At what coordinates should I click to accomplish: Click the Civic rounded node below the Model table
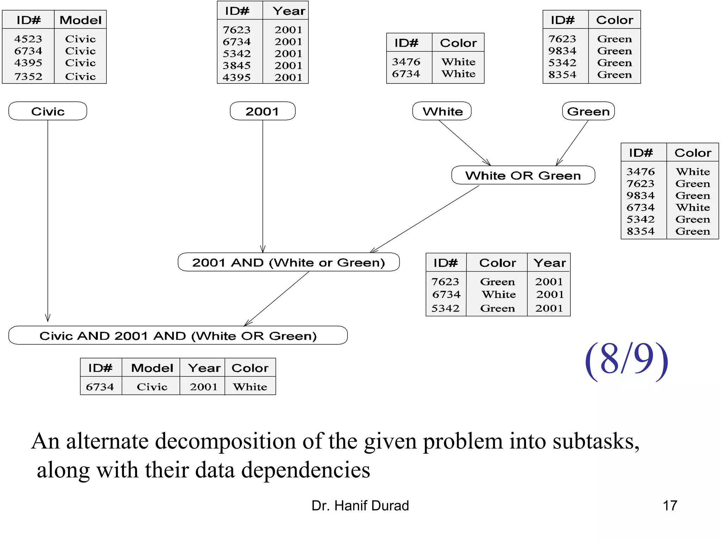[48, 111]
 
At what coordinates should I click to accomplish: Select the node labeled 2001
[262, 111]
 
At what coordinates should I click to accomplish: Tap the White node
[442, 111]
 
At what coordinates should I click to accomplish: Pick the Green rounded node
[588, 111]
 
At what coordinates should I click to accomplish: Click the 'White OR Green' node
[523, 175]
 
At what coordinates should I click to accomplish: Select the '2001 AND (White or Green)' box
[288, 262]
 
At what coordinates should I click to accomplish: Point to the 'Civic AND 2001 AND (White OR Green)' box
[178, 336]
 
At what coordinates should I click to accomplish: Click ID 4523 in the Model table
[28, 39]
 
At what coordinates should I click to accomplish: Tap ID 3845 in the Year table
[237, 66]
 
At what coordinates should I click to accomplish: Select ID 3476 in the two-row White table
[406, 62]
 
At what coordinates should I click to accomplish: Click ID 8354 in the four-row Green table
[562, 75]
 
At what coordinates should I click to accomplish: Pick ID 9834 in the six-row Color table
[640, 195]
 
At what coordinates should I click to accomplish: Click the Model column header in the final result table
[152, 368]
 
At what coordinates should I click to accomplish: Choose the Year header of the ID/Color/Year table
[549, 263]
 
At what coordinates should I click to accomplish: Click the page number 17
[670, 506]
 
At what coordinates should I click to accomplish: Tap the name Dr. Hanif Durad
[360, 506]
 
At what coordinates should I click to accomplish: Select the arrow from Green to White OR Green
[572, 143]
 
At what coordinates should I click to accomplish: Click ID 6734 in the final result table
[100, 387]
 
